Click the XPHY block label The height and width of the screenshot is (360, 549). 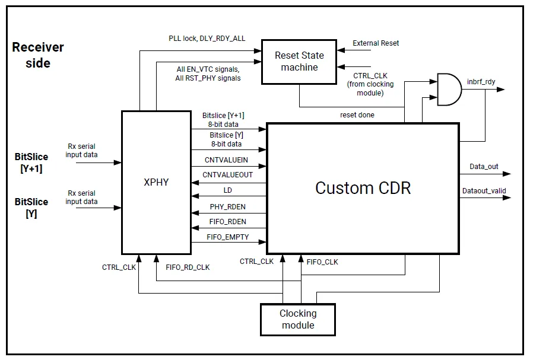click(157, 183)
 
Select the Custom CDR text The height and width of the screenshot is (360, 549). click(363, 188)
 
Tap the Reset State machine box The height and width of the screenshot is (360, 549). click(299, 61)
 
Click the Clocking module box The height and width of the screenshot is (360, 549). click(298, 319)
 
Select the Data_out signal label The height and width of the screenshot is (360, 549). click(484, 166)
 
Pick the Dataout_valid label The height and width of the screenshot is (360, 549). click(484, 190)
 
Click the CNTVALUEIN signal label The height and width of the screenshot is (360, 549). click(226, 160)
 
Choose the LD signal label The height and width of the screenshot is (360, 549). click(227, 190)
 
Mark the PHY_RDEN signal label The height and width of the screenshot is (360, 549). click(227, 206)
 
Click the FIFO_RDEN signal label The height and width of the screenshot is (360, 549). click(227, 222)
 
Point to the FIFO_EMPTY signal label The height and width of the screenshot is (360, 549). click(228, 237)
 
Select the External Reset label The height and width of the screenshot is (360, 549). click(376, 43)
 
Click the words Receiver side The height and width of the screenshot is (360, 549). click(37, 55)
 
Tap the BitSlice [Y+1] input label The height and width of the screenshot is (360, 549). click(31, 163)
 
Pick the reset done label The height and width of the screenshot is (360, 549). click(357, 114)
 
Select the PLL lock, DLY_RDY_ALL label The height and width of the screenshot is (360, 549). click(207, 39)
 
